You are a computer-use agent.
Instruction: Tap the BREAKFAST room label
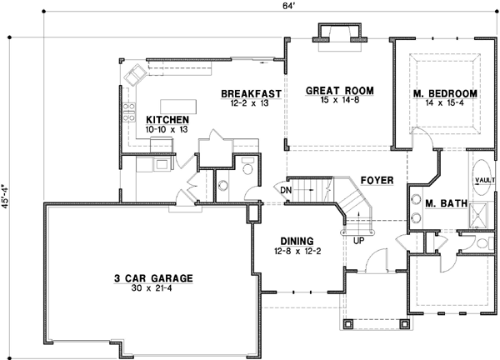click(x=250, y=93)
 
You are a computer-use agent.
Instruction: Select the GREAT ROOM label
click(x=338, y=90)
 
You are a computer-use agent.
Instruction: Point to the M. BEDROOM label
click(x=445, y=93)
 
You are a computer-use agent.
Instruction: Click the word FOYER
click(x=377, y=180)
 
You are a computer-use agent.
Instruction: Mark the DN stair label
click(x=285, y=191)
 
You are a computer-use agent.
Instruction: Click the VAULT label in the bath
click(x=485, y=179)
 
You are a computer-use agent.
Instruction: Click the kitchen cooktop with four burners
click(x=130, y=112)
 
